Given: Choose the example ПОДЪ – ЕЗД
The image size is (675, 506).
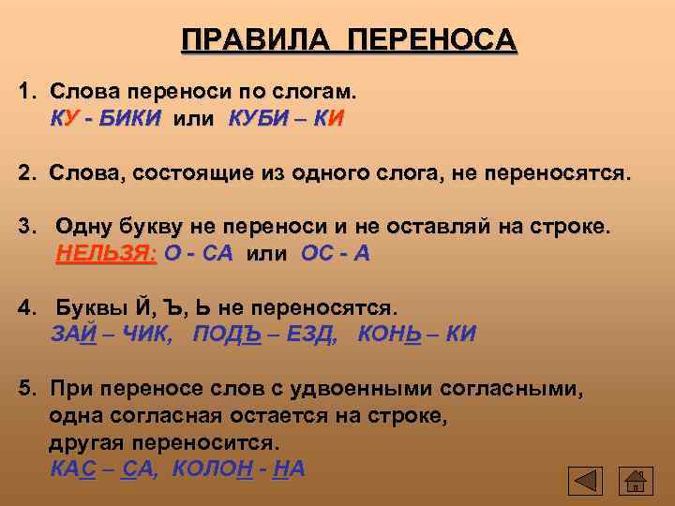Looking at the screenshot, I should tap(264, 335).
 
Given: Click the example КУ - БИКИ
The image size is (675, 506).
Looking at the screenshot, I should tap(105, 119).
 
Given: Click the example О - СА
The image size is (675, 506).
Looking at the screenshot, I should tap(198, 254).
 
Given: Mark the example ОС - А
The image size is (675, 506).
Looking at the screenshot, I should tap(336, 254).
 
